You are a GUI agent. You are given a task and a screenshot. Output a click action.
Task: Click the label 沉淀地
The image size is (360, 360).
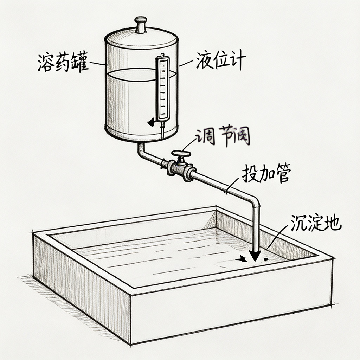pyautogui.click(x=316, y=223)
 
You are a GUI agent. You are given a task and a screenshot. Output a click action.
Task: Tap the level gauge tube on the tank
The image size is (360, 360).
pyautogui.click(x=162, y=88)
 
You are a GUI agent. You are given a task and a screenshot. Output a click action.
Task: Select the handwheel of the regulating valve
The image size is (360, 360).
pyautogui.click(x=181, y=154)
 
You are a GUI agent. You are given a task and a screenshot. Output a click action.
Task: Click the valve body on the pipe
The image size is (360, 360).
pyautogui.click(x=181, y=168)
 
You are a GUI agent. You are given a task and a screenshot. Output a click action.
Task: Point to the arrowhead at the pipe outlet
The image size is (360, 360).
pyautogui.click(x=255, y=255)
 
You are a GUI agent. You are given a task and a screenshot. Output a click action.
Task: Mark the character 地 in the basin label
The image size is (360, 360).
pyautogui.click(x=333, y=223)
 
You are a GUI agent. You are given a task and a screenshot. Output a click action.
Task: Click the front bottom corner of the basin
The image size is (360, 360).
pyautogui.click(x=131, y=343)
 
